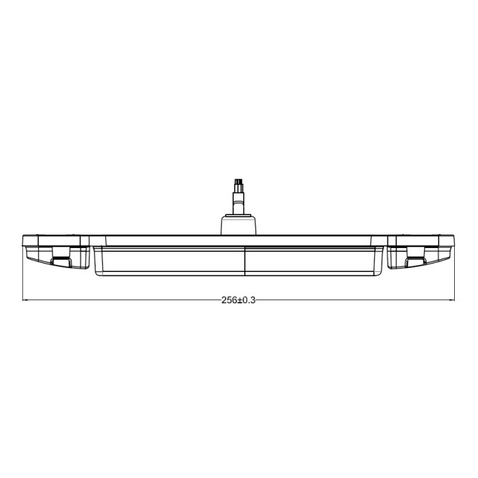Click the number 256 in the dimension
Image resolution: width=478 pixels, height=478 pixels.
tap(229, 299)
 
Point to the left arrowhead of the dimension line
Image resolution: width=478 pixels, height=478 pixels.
tap(26, 300)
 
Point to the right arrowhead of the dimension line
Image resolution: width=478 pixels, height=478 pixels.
tap(452, 300)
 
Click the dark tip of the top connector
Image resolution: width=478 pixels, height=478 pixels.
tap(238, 181)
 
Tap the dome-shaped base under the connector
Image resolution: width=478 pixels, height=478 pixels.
tap(239, 225)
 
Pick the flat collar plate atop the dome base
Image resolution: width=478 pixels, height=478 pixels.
tap(239, 214)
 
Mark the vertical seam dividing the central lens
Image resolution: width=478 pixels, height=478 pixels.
tap(245, 261)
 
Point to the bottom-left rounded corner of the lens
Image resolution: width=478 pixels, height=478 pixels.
tap(97, 273)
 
